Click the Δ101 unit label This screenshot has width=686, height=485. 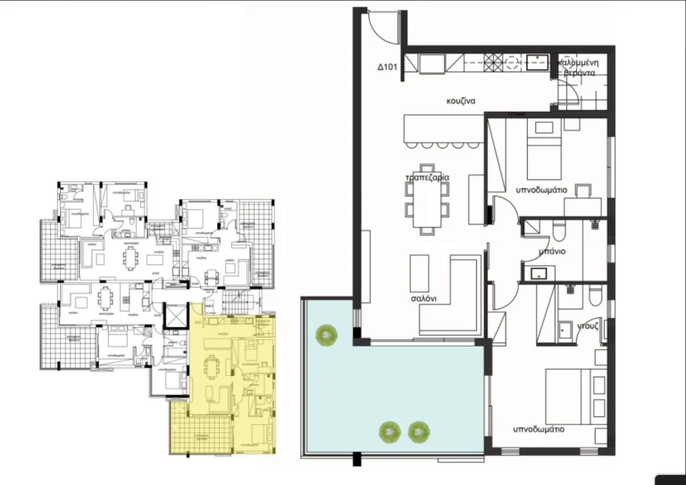[x=387, y=68]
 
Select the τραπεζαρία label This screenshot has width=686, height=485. [x=427, y=178]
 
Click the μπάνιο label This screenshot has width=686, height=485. [x=552, y=251]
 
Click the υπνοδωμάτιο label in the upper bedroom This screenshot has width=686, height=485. [x=541, y=190]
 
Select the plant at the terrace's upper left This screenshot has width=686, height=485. [x=326, y=335]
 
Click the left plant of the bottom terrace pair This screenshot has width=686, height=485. [x=389, y=432]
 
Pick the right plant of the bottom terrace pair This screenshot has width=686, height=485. [x=417, y=432]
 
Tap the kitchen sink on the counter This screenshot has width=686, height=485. [x=537, y=62]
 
